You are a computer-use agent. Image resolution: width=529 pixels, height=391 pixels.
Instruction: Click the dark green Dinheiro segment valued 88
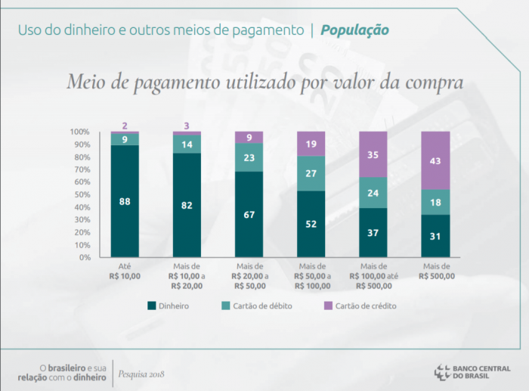125,201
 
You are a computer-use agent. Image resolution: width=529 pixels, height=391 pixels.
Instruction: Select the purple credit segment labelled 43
435,160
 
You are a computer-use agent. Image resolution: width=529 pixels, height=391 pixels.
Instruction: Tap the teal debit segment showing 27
311,173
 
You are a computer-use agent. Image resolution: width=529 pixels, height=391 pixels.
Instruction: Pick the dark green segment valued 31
435,236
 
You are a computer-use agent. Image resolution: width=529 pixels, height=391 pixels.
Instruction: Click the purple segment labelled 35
373,154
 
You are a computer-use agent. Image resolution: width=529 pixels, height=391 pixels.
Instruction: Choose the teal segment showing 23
249,157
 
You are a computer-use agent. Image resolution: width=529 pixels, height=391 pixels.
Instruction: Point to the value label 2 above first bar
125,126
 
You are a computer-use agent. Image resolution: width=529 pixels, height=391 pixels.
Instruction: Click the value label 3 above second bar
187,126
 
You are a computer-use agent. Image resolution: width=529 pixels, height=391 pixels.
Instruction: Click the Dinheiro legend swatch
152,306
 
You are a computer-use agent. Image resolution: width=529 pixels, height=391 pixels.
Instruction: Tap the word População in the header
354,30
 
